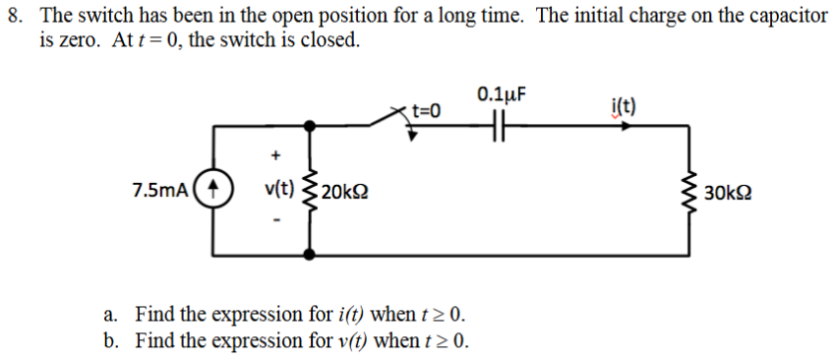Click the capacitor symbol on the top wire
[x=499, y=126]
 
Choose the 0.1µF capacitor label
[x=502, y=95]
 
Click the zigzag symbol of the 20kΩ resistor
[x=311, y=190]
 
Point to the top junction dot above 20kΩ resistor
[x=311, y=126]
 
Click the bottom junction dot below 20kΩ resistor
[x=311, y=253]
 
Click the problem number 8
[x=14, y=19]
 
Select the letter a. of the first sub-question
[x=112, y=316]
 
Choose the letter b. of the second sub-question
[x=112, y=341]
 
